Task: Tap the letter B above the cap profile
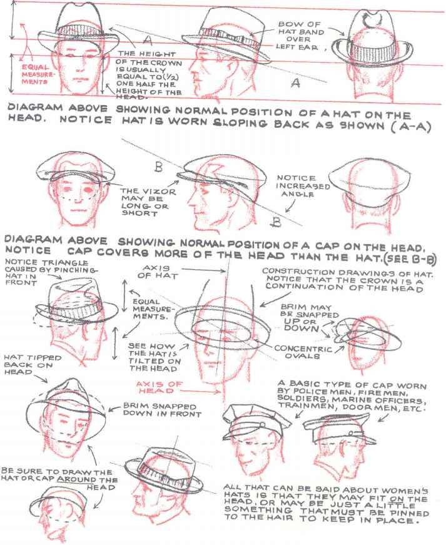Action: click(158, 167)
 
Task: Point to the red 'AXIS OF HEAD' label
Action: click(159, 387)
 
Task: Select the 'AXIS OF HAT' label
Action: click(157, 272)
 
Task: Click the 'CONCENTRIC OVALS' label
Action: click(303, 352)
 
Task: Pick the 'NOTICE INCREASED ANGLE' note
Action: click(303, 186)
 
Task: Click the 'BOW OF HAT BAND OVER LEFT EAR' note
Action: click(301, 36)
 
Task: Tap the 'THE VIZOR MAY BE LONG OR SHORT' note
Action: click(148, 202)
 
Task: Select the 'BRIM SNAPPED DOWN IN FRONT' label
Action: click(162, 410)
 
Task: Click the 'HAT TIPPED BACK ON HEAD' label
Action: click(33, 365)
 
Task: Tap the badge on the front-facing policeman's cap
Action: click(263, 425)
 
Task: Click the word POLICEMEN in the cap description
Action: click(309, 392)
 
